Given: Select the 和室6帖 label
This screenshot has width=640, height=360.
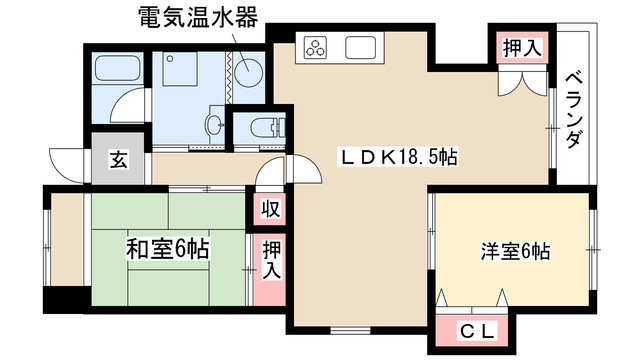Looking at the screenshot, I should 167,248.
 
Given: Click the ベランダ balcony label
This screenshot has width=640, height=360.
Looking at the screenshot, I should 573,110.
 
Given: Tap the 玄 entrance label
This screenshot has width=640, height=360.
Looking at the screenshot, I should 118,159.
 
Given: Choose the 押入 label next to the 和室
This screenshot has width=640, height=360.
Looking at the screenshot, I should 270,258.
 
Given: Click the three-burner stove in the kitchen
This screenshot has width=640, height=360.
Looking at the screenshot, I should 317,46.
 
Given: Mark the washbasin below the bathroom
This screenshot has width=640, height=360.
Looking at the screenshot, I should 214,126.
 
